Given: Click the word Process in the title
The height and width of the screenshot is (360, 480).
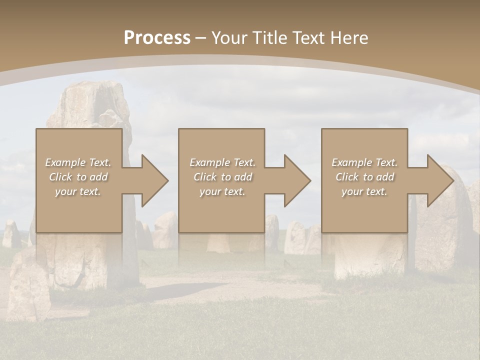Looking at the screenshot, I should [157, 37].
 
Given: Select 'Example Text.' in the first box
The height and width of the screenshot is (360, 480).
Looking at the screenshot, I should [78, 162].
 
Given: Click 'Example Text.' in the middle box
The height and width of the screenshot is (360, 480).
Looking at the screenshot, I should [222, 162].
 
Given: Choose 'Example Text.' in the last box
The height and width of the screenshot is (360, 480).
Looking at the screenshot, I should [364, 162].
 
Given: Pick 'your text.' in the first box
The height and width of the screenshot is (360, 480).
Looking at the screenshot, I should [78, 191].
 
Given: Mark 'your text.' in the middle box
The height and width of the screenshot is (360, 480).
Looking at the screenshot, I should [222, 191].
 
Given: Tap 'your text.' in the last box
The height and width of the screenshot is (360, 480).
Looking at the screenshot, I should [364, 191].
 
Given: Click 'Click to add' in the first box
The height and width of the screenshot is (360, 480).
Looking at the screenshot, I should [78, 177].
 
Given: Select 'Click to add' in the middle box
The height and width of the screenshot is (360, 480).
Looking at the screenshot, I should [222, 177].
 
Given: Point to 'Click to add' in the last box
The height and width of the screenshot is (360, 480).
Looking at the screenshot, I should [364, 177].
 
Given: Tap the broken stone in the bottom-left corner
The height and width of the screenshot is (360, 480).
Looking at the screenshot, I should [27, 287].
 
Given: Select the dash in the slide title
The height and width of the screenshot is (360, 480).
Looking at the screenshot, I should [201, 38].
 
